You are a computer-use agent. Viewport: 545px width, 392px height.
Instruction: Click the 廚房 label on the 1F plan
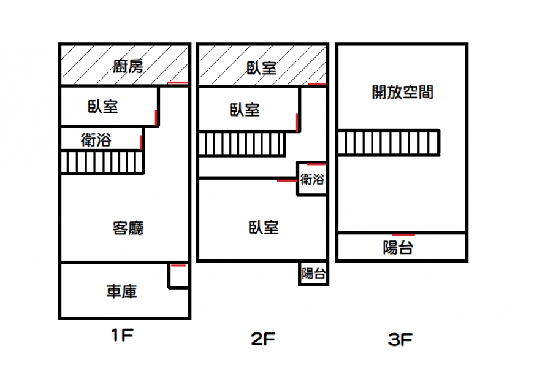coord(128,66)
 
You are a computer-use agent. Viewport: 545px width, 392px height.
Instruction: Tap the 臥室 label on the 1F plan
coord(103,107)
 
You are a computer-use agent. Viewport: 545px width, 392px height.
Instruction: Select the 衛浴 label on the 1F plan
coord(96,140)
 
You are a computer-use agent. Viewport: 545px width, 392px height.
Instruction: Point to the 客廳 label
coord(128,228)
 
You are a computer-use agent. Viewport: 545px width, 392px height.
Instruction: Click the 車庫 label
coord(121,291)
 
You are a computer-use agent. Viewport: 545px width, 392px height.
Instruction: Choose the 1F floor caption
coord(122,336)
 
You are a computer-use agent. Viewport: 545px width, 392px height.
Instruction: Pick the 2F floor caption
coord(262,339)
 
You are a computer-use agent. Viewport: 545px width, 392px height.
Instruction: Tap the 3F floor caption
coord(401,339)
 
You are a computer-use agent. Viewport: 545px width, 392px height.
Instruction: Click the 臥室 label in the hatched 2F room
coord(261,67)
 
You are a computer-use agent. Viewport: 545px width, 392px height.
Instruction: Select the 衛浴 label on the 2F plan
coord(312,180)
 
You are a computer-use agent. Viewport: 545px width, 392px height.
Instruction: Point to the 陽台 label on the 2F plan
coord(313,274)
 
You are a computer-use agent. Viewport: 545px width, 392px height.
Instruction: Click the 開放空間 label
coord(403,92)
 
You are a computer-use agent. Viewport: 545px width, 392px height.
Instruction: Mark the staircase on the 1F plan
coord(102,163)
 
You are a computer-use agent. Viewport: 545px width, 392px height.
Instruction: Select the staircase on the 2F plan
coord(242,144)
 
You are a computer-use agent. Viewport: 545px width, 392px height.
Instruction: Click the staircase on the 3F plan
coord(389,142)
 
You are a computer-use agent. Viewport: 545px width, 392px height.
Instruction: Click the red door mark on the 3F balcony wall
coord(403,234)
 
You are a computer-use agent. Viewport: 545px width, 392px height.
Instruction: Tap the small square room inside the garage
coord(178,277)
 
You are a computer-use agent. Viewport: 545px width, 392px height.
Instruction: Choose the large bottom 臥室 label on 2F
coord(264,228)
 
